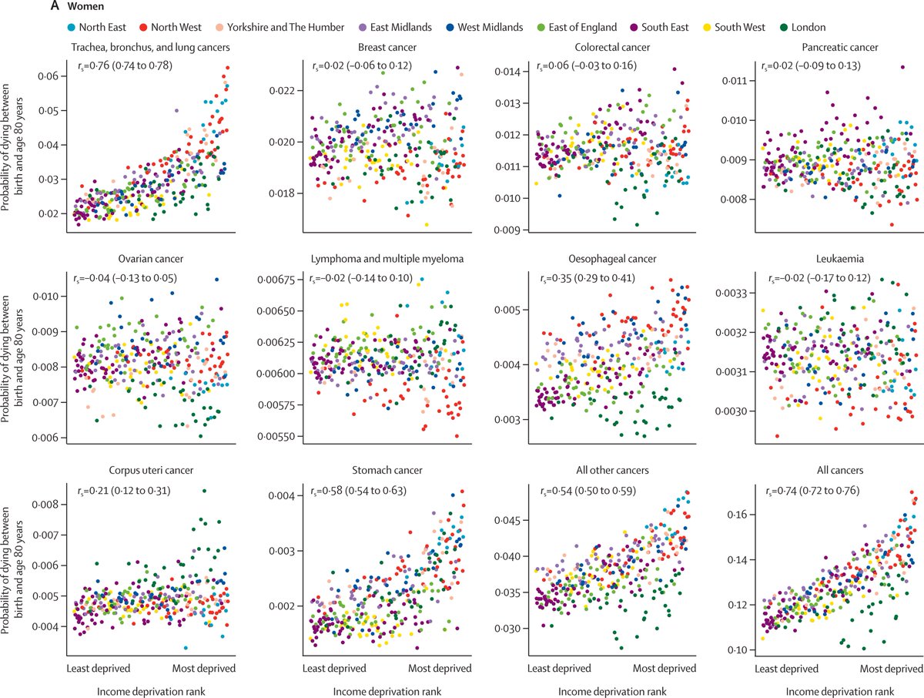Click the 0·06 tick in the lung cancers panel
(48, 76)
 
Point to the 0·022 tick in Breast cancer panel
(279, 91)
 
